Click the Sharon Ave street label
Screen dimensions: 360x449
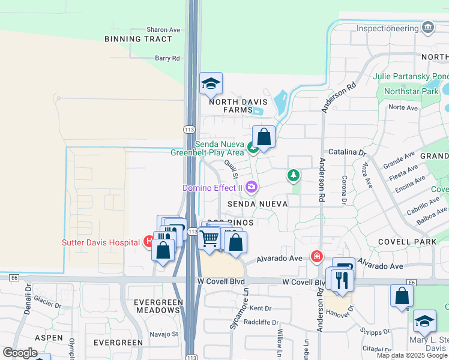point(163,29)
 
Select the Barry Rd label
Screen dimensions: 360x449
point(167,58)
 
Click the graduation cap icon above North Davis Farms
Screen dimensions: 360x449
point(211,84)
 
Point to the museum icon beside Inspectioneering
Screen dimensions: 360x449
point(427,28)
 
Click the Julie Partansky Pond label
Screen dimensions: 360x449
point(411,76)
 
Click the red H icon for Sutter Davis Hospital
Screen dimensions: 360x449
point(148,242)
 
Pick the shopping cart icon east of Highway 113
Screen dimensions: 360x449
point(209,238)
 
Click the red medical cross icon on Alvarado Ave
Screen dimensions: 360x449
point(316,257)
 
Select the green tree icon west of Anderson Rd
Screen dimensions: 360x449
point(293,175)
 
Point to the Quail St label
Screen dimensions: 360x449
point(231,169)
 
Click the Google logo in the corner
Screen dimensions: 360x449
point(20,353)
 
